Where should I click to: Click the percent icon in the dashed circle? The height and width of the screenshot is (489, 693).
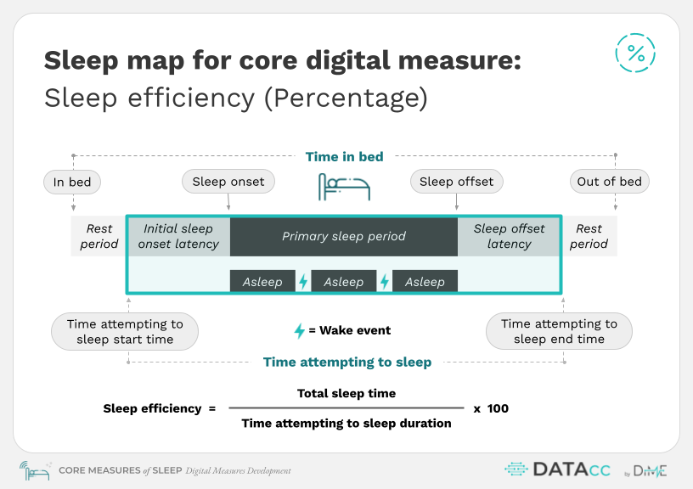pos(635,53)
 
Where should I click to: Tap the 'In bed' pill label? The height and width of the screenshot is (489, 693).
pos(72,182)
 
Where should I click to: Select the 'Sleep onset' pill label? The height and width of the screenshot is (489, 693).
pos(228,182)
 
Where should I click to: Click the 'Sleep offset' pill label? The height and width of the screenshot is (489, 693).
pos(457,182)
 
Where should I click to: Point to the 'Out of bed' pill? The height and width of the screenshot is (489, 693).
pos(610,182)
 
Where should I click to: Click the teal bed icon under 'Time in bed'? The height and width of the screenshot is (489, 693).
pos(344,187)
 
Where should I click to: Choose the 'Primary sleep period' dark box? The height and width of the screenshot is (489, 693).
pos(344,236)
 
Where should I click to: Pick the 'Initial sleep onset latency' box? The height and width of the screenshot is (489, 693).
pos(178,236)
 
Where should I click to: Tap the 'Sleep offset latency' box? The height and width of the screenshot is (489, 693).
pos(509,236)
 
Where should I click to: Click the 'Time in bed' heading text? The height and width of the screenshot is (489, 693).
pos(344,157)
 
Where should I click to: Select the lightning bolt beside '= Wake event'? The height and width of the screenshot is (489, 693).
pos(300,330)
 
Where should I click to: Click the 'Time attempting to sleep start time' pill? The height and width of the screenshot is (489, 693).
pos(125,332)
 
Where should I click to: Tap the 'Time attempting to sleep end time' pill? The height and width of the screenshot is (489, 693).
pos(559,331)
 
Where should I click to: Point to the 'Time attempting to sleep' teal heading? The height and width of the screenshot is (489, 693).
pos(347,363)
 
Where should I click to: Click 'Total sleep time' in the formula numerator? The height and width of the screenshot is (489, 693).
pos(346,393)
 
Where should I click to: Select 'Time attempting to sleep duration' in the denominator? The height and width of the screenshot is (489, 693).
pos(346,423)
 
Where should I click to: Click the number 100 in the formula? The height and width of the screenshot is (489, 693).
pos(498,408)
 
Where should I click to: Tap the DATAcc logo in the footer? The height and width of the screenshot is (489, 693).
pos(558,469)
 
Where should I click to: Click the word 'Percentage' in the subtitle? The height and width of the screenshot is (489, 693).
pos(346,98)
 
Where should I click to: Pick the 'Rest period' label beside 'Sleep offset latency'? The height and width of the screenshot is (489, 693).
pos(589,236)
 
